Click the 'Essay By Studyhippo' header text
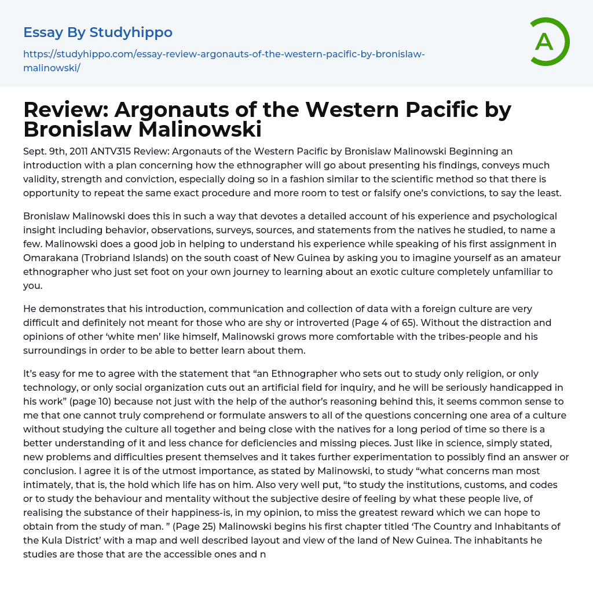coord(98,32)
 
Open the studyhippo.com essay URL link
coord(224,61)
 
